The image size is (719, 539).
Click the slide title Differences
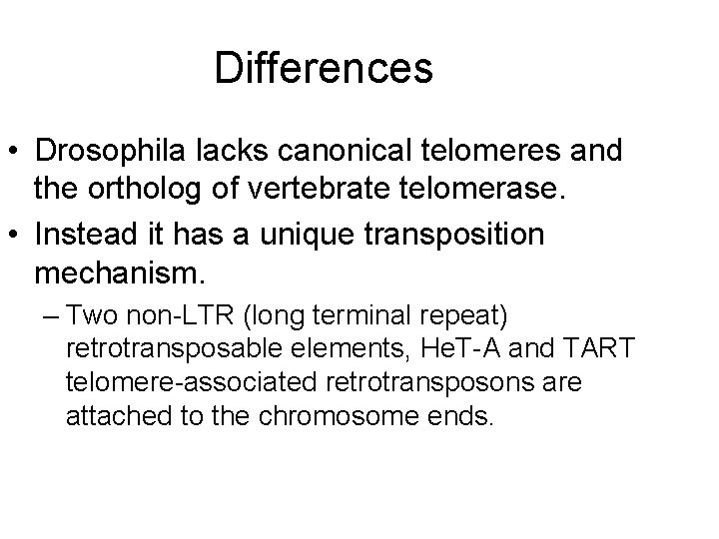coord(323,68)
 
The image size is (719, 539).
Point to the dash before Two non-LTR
coord(51,318)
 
